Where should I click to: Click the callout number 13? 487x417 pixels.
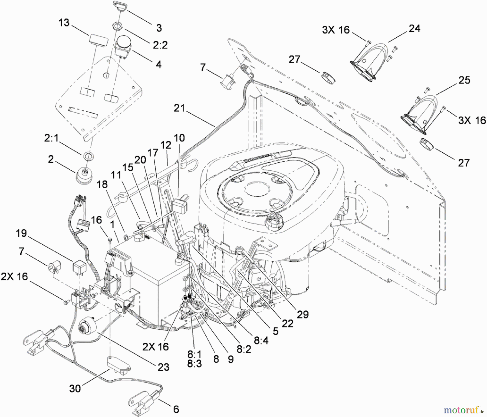tap(64, 23)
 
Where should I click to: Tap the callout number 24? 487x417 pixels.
tap(414, 28)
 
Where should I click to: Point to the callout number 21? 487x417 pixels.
tap(179, 108)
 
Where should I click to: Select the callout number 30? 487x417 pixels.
tap(75, 388)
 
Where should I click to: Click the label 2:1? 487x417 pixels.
tap(51, 138)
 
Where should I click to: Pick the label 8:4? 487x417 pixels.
tap(261, 340)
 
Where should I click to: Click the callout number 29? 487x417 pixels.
tap(302, 314)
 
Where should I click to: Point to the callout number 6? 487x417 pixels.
tap(176, 409)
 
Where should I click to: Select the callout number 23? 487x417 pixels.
tap(163, 367)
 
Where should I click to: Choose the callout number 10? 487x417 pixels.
tap(179, 138)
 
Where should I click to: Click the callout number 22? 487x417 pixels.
tap(287, 323)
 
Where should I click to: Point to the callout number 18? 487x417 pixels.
tap(102, 185)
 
